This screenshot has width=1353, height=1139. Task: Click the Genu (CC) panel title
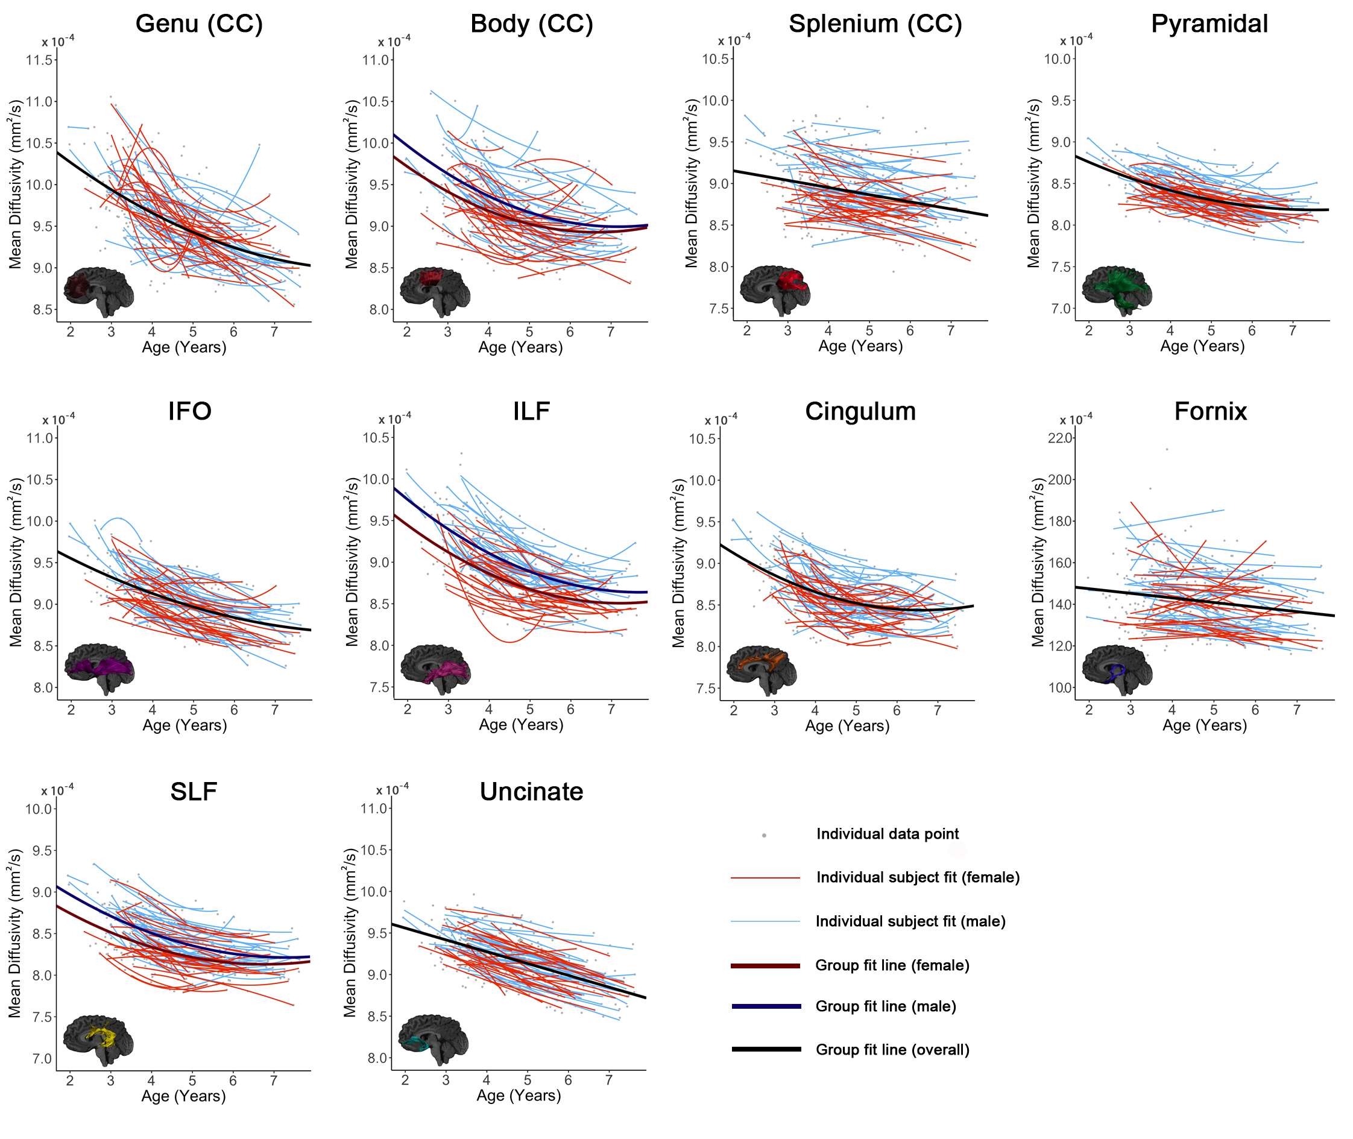pos(199,24)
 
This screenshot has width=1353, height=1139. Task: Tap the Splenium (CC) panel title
pos(875,24)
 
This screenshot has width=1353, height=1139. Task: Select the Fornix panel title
pos(1209,411)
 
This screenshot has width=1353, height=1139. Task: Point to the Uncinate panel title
pos(531,792)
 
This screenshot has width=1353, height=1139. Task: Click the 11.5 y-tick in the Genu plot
pos(39,60)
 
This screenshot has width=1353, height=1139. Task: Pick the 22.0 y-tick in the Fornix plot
pos(1059,438)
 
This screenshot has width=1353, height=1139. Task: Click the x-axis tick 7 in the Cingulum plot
pos(936,710)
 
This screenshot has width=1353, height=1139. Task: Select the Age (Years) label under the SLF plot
pos(183,1096)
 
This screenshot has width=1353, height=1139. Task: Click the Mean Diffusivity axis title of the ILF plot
pos(352,562)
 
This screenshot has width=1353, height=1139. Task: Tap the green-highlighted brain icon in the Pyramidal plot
pos(1117,290)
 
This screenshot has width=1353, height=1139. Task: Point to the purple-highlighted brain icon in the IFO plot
pos(99,668)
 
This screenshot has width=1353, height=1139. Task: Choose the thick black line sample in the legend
pos(766,1049)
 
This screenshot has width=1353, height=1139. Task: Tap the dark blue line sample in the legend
pos(766,1006)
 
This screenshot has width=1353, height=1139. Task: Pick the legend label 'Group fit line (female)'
pos(892,965)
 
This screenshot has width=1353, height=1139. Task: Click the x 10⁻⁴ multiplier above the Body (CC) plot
pos(394,42)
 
